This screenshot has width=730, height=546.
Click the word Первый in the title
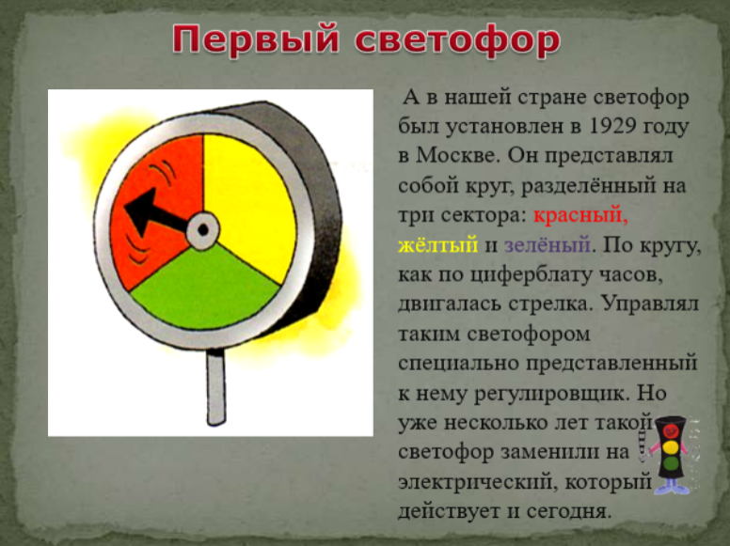pyautogui.click(x=256, y=40)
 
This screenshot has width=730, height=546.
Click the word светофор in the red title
pyautogui.click(x=457, y=40)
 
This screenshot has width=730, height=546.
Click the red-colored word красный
pyautogui.click(x=580, y=215)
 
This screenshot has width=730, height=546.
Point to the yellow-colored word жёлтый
pyautogui.click(x=438, y=244)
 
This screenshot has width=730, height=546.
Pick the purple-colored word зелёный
pyautogui.click(x=547, y=244)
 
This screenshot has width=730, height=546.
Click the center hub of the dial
pyautogui.click(x=203, y=229)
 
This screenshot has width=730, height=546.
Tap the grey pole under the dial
pyautogui.click(x=216, y=387)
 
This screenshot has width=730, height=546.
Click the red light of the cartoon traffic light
pyautogui.click(x=671, y=430)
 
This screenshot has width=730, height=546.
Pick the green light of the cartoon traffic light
pyautogui.click(x=671, y=463)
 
